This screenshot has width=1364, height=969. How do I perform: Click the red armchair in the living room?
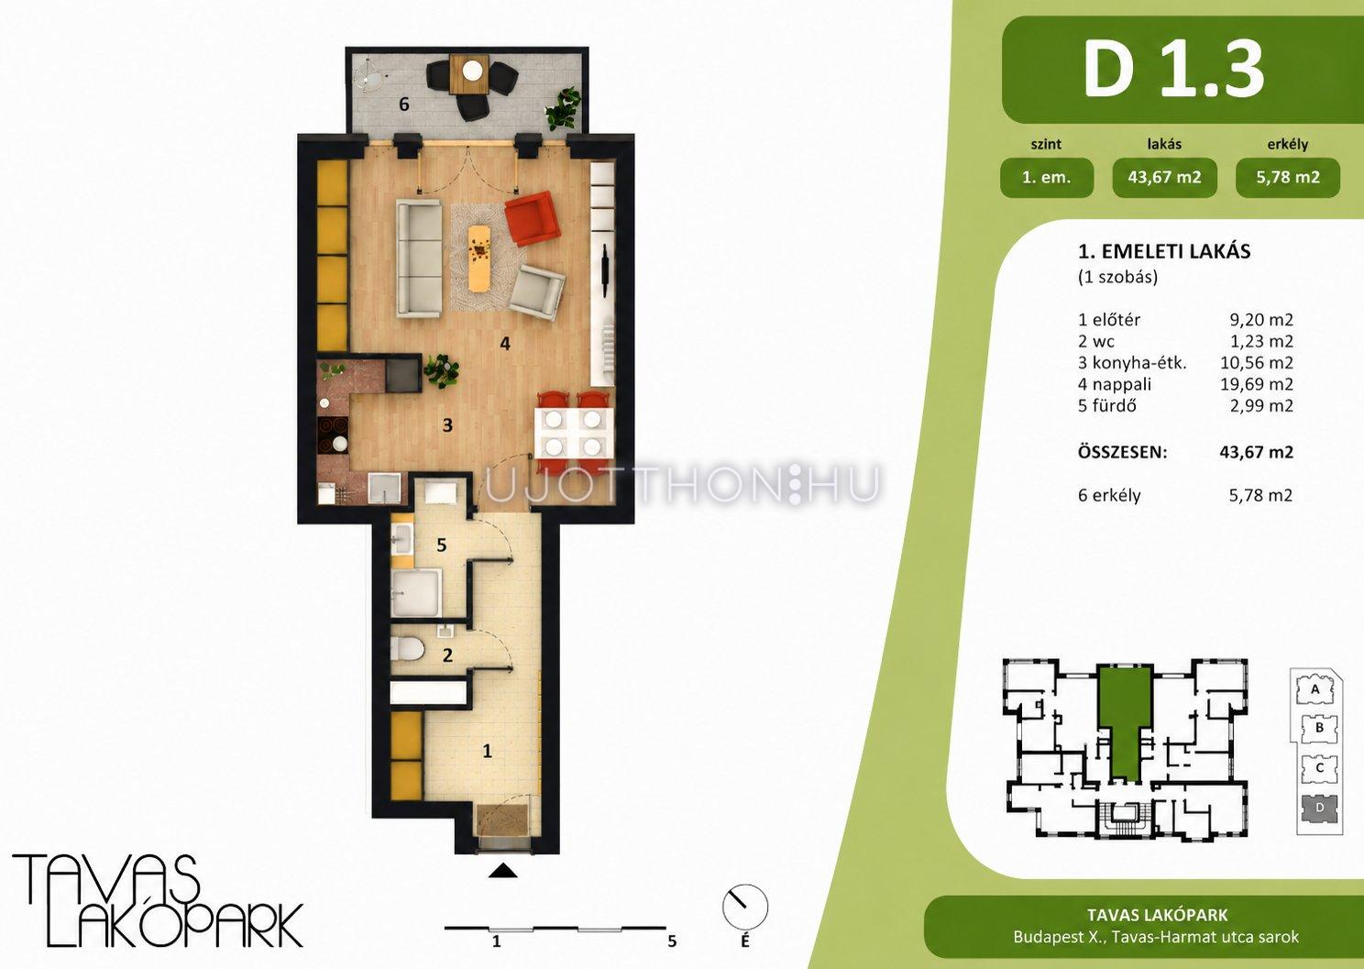click(533, 218)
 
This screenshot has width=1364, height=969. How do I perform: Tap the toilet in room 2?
click(407, 649)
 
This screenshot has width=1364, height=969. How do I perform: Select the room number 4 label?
click(505, 344)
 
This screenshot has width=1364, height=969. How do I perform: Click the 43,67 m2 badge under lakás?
click(1164, 177)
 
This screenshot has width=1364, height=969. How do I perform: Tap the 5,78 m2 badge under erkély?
click(1288, 177)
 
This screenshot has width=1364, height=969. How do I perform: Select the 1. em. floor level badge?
click(1047, 177)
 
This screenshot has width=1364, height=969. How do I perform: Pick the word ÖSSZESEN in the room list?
click(1122, 453)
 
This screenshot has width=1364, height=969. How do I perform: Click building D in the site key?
click(1320, 808)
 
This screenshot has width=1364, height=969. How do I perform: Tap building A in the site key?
click(1315, 690)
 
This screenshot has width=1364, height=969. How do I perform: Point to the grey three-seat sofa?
click(419, 259)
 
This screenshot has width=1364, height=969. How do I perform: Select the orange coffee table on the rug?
click(480, 258)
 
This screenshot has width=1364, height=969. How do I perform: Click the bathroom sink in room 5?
click(401, 538)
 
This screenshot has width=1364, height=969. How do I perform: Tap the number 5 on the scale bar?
click(672, 941)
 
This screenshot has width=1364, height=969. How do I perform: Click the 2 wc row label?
click(1096, 341)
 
